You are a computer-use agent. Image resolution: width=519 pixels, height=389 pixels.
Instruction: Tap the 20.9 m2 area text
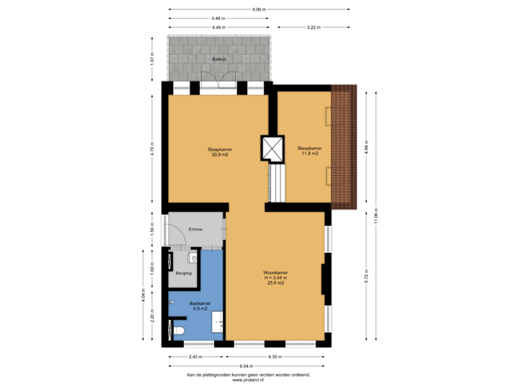click(221, 155)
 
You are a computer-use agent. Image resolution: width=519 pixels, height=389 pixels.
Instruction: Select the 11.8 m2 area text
click(310, 155)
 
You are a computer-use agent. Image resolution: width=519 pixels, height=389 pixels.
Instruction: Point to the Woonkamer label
click(275, 272)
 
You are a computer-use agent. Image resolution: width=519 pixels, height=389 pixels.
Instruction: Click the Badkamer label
click(199, 303)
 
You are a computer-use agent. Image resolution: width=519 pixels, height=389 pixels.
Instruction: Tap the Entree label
click(195, 229)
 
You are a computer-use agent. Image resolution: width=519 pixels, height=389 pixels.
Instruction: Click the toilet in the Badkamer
click(180, 330)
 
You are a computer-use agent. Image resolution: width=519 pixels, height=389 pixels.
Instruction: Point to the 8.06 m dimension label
click(259, 9)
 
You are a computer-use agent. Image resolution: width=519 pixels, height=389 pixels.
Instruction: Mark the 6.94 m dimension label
click(247, 367)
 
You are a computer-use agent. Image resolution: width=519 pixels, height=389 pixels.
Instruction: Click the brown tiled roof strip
click(345, 144)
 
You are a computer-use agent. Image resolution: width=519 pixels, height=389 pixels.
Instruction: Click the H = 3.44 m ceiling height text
click(275, 278)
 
